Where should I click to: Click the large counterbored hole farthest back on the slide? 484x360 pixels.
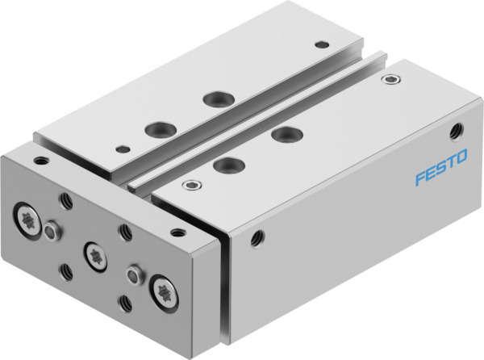[215, 98]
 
